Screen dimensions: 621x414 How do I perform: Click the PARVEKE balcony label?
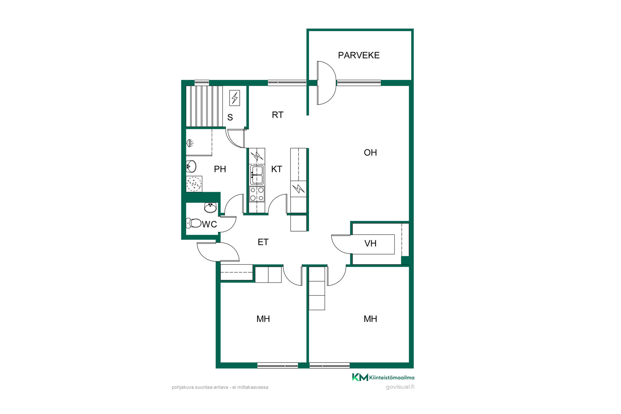pos(359,55)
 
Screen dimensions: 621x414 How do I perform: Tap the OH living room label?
pos(370,153)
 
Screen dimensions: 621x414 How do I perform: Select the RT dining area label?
pos(278,115)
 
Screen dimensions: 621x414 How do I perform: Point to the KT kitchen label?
pos(277,169)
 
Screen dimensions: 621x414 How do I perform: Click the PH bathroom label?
pos(220,169)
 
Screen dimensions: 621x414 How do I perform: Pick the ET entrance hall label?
pos(263,242)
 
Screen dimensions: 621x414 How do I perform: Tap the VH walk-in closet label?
pos(370,243)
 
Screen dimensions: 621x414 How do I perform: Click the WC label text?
pos(210,224)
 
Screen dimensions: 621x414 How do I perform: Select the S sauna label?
pos(230,117)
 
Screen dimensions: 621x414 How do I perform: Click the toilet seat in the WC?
pos(194,223)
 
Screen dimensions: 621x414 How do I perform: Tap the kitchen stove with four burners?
pos(257,194)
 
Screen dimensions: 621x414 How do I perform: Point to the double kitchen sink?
pos(257,175)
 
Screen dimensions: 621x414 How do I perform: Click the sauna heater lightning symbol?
pos(235,98)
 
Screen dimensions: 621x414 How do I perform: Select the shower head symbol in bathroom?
pos(190,143)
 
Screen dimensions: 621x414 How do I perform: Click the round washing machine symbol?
pos(194,184)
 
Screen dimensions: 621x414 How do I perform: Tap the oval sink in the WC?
pos(211,208)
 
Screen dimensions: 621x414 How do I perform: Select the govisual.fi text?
pos(400,387)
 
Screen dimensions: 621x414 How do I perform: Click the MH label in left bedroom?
pos(263,319)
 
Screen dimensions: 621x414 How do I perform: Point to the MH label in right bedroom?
pos(370,319)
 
